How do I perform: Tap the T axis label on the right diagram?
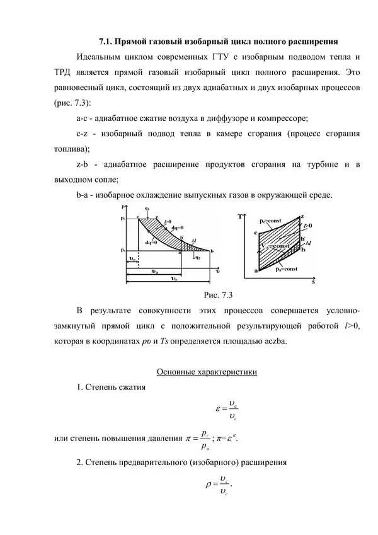[x=241, y=217]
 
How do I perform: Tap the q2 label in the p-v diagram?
[x=198, y=256]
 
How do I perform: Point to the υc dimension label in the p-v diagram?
[x=131, y=258]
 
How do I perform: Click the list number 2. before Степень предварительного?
[x=79, y=463]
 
